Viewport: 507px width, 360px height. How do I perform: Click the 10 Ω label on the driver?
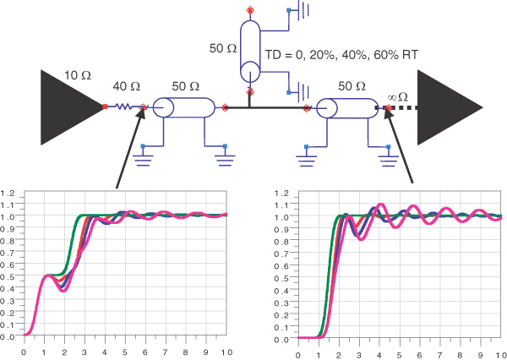78,75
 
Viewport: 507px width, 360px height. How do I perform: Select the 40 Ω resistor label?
127,86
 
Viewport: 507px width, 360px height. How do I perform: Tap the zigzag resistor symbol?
123,106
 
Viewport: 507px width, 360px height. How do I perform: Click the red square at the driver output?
105,106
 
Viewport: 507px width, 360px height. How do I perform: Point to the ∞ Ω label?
397,96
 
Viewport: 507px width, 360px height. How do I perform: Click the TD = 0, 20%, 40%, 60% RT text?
341,55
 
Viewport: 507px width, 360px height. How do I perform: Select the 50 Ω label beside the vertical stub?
223,48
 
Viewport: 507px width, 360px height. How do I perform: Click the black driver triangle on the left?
72,107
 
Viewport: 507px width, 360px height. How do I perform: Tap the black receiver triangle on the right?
450,107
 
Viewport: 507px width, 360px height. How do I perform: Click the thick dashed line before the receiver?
396,107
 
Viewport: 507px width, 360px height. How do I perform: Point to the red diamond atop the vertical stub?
250,10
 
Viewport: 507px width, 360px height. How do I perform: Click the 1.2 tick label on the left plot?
7,194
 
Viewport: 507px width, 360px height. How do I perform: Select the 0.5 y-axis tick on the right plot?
281,278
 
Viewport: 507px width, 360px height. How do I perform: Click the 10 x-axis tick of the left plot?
226,352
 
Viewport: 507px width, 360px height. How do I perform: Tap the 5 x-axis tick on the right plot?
400,355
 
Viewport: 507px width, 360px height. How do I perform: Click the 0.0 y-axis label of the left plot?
7,336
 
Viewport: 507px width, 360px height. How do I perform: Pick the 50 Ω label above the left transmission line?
186,86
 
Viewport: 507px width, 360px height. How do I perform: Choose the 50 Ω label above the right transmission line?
352,86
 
